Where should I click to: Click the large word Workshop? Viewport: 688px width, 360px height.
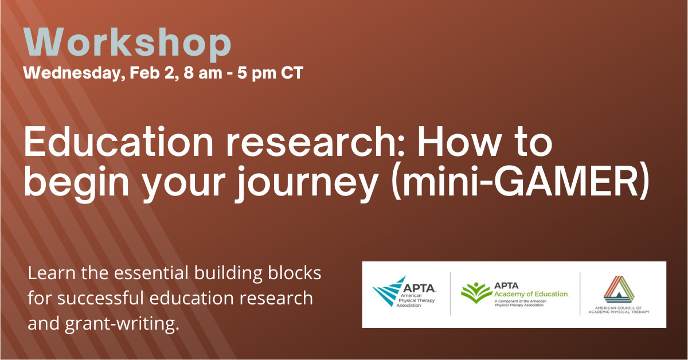coord(127,42)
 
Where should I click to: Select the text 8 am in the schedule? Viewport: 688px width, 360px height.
coord(203,73)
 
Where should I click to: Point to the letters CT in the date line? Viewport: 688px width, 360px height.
coord(292,73)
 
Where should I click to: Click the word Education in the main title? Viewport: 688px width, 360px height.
coord(119,143)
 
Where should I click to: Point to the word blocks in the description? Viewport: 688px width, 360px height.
coord(295,273)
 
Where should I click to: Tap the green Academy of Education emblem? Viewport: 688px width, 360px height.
coord(476,293)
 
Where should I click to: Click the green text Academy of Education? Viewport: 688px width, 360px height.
coord(531,294)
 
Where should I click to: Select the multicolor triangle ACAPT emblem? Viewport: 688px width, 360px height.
coord(619,289)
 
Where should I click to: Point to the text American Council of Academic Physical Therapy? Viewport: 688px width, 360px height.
coord(619,310)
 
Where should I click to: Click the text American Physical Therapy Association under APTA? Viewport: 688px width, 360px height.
coord(416,300)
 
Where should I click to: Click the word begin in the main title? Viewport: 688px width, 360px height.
coord(76,183)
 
